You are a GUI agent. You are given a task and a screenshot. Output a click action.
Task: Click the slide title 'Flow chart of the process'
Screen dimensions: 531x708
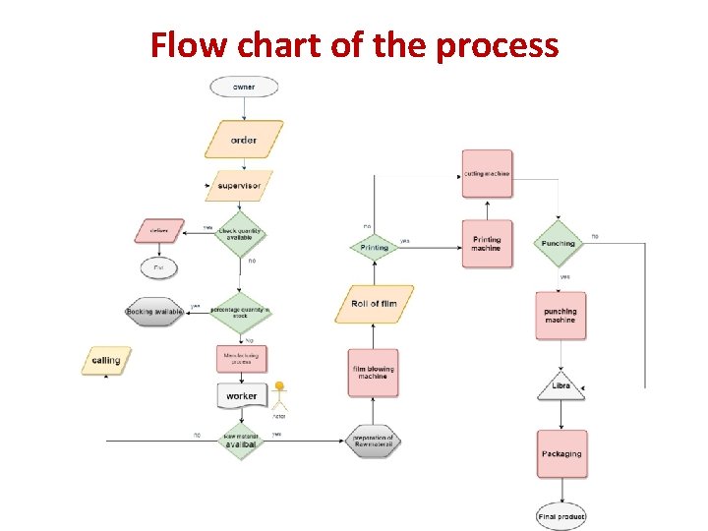click(x=354, y=44)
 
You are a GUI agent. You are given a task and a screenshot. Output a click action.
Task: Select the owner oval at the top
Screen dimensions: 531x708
click(x=244, y=87)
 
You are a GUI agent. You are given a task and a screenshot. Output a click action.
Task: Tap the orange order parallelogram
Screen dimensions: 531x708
click(x=244, y=140)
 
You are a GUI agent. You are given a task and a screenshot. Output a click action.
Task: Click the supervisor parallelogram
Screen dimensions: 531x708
click(x=239, y=185)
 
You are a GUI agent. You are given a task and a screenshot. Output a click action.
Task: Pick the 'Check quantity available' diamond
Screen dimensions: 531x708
click(x=241, y=234)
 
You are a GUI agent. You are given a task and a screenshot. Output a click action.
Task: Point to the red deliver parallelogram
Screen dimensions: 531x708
click(x=159, y=231)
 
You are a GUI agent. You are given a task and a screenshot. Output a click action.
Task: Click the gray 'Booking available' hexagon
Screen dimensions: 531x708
click(x=154, y=312)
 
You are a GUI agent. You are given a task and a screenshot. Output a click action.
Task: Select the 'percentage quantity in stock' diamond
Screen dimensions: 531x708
click(x=241, y=311)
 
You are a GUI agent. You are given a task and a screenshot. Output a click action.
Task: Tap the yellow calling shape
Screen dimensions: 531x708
click(x=105, y=361)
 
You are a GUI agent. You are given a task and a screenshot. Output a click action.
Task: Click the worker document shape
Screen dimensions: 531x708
click(x=241, y=395)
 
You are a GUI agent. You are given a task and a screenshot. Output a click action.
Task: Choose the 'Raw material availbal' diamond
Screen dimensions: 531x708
click(x=241, y=441)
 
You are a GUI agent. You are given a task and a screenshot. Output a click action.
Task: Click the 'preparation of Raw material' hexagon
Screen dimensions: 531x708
click(x=374, y=441)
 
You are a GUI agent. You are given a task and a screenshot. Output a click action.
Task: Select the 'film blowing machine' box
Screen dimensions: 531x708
click(x=373, y=373)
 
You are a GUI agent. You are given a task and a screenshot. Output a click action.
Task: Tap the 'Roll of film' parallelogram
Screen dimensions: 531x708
click(x=374, y=304)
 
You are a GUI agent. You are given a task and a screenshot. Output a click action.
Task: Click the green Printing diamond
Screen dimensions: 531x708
click(x=374, y=244)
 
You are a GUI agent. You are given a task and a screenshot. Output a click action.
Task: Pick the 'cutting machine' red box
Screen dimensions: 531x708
click(x=487, y=174)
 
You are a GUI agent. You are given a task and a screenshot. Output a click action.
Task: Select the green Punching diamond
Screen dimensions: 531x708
click(x=559, y=243)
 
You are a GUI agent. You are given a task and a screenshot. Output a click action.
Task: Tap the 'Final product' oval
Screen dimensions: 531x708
click(x=561, y=515)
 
